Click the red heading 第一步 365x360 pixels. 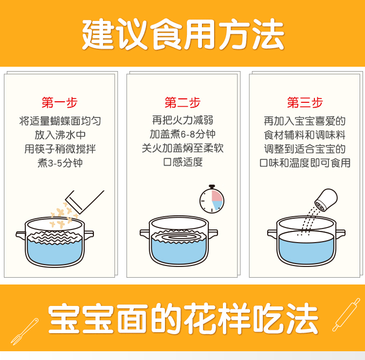click(x=59, y=102)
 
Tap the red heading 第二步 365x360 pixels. click(x=182, y=102)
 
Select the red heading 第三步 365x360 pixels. click(x=305, y=102)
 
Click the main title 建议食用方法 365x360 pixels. click(x=183, y=34)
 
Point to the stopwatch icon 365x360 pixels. click(x=212, y=199)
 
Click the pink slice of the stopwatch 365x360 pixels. click(x=217, y=196)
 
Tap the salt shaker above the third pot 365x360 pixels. click(x=326, y=200)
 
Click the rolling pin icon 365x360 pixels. click(x=346, y=315)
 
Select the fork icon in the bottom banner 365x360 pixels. click(x=24, y=331)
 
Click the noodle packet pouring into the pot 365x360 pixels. click(x=85, y=202)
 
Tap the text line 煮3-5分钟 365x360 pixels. click(x=60, y=163)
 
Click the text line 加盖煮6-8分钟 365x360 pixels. click(x=182, y=134)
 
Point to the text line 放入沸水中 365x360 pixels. click(x=60, y=134)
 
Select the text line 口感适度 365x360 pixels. click(x=183, y=162)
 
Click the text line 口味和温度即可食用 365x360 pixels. click(x=305, y=163)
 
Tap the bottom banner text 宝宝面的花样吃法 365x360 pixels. click(x=183, y=319)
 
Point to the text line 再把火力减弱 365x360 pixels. click(x=182, y=120)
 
